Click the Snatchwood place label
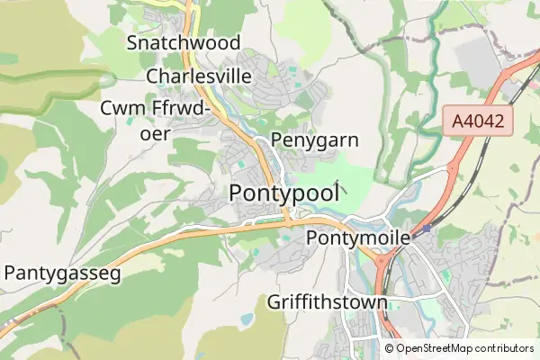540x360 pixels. click(x=184, y=42)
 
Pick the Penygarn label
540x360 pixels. click(x=314, y=140)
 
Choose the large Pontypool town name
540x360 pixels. click(x=284, y=193)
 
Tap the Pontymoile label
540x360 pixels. click(x=358, y=238)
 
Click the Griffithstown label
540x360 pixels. click(x=328, y=301)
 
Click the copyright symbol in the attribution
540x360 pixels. click(x=390, y=348)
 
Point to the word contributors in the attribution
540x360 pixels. click(x=505, y=348)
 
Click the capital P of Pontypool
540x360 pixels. click(x=238, y=193)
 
